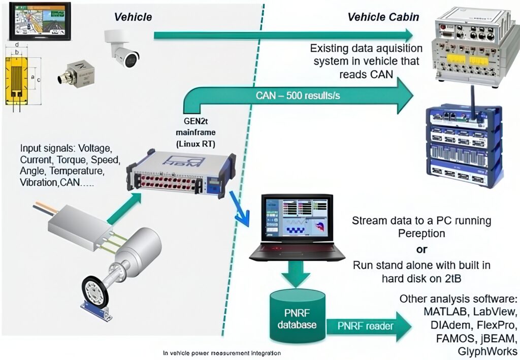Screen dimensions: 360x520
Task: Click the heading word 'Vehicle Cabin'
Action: [383, 17]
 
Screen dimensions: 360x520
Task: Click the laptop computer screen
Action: [292, 216]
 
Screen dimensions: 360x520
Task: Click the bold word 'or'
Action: [421, 250]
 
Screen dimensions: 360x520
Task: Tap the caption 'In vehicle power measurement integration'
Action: [221, 352]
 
